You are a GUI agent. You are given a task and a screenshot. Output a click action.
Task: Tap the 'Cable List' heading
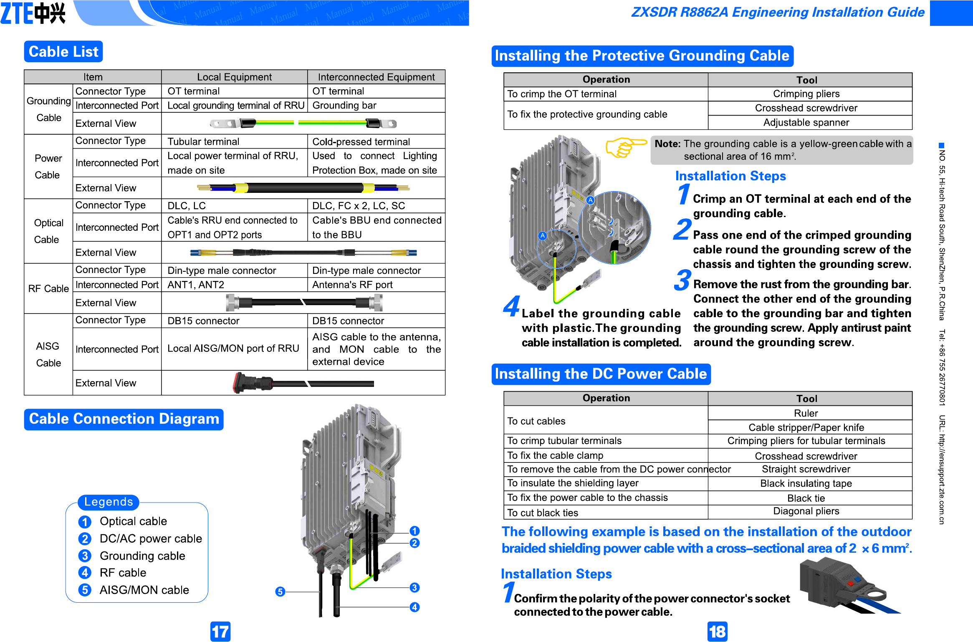point(63,52)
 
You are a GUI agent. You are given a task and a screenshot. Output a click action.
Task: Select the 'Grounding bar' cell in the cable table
point(344,106)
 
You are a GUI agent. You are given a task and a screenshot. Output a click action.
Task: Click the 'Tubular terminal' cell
point(203,142)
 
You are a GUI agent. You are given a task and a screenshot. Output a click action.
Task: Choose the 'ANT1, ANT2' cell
point(196,285)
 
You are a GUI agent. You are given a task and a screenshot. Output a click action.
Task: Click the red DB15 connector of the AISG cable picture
point(239,382)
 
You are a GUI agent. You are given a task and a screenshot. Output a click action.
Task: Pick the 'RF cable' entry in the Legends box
point(123,573)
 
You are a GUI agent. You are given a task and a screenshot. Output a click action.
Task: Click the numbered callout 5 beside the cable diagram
point(281,591)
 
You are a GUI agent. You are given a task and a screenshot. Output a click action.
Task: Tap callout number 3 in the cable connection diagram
point(414,588)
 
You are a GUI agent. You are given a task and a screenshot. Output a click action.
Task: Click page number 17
point(220,632)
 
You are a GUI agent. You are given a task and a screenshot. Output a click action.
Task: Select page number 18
point(717,632)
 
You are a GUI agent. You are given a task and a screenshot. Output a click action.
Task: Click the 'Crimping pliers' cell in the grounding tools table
point(806,94)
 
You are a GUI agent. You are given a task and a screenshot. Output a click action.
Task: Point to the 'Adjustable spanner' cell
point(806,123)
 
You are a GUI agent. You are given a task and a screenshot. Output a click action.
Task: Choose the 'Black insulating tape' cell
point(806,484)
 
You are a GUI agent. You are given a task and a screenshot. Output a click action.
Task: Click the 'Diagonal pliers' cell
point(806,511)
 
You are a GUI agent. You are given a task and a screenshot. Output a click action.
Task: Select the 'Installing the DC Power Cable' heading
point(601,374)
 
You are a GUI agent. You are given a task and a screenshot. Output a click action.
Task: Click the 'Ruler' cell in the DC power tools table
point(806,413)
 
